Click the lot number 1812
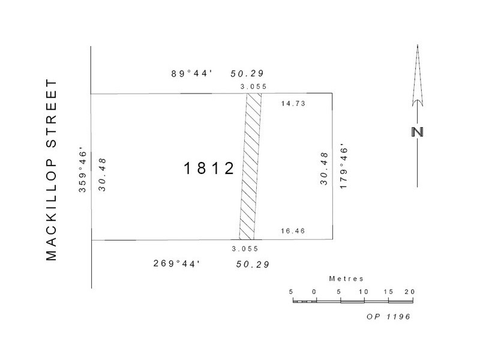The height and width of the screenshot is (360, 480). pyautogui.click(x=209, y=168)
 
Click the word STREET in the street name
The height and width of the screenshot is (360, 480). pyautogui.click(x=52, y=113)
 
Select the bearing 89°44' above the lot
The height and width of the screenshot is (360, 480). pyautogui.click(x=191, y=73)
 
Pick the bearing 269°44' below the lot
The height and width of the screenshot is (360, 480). pyautogui.click(x=176, y=263)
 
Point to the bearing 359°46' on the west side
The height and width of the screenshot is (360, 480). pyautogui.click(x=83, y=172)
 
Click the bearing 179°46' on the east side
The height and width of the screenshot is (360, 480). pyautogui.click(x=344, y=168)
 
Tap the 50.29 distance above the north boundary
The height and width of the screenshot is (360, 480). pyautogui.click(x=247, y=73)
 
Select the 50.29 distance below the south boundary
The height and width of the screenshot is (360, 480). pyautogui.click(x=253, y=264)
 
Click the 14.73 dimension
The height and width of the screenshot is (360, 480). pyautogui.click(x=293, y=103)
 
